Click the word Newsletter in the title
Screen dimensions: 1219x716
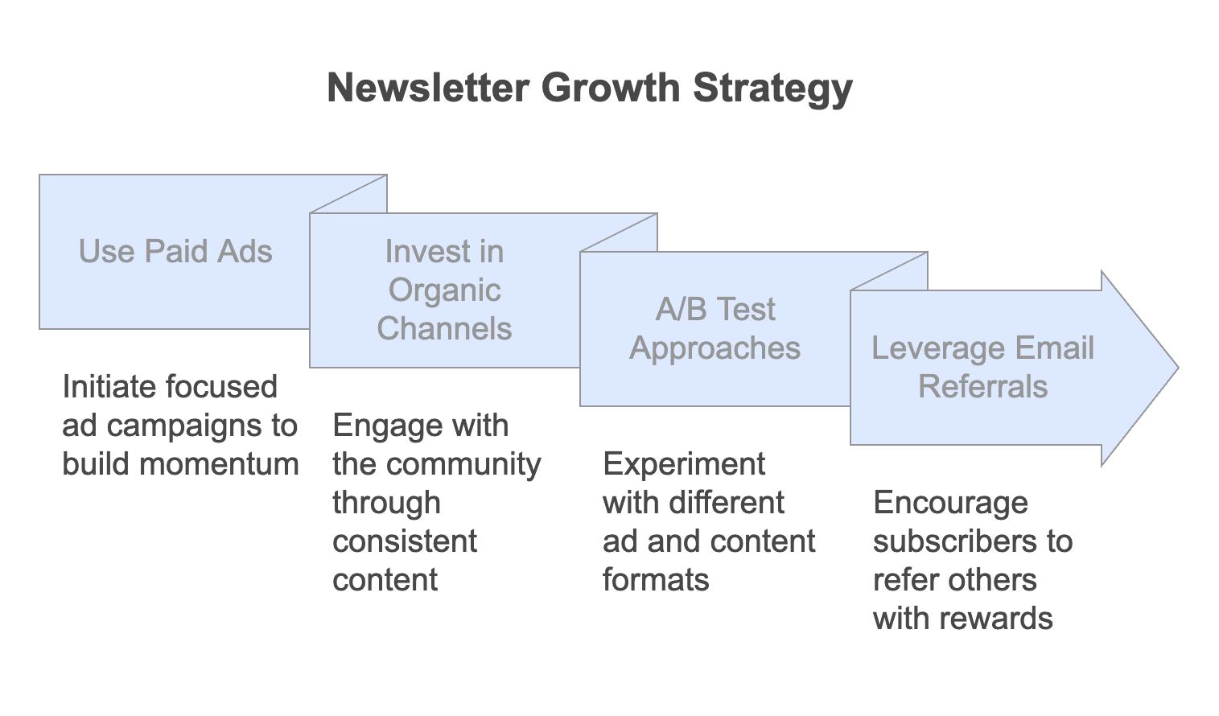coord(428,88)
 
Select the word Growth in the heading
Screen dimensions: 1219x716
coord(611,88)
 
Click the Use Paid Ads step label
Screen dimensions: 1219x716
coord(175,251)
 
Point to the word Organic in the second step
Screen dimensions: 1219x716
coord(444,291)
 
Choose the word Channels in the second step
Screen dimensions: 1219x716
coord(444,328)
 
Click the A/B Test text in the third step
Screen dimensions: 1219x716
coord(715,309)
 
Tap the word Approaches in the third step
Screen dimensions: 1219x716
coord(715,349)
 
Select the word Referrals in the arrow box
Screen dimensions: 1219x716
coord(982,386)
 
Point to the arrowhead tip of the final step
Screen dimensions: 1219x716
coord(1178,368)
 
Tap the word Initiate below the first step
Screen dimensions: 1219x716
coord(110,387)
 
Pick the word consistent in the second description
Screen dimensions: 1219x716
coord(405,541)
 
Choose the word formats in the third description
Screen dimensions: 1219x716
coord(656,579)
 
